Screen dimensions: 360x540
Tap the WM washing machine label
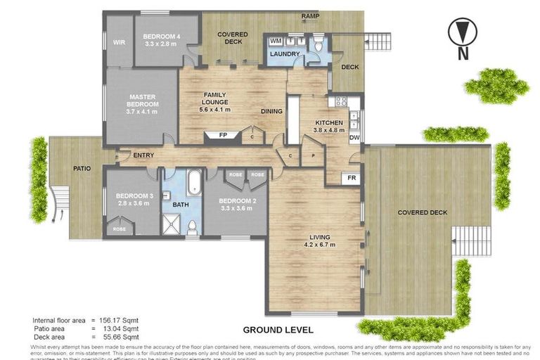[276, 41]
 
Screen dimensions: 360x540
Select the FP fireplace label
[222, 134]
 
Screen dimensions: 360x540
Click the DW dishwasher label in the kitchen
[354, 138]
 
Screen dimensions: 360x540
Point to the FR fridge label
[351, 179]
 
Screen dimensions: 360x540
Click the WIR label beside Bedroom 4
[118, 42]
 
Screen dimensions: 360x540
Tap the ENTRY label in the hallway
[143, 155]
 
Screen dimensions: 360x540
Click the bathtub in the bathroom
[193, 181]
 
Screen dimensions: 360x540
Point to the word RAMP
[310, 16]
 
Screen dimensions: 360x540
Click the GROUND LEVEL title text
[278, 329]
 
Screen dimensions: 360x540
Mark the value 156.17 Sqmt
[120, 320]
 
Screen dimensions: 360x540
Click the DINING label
[271, 111]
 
